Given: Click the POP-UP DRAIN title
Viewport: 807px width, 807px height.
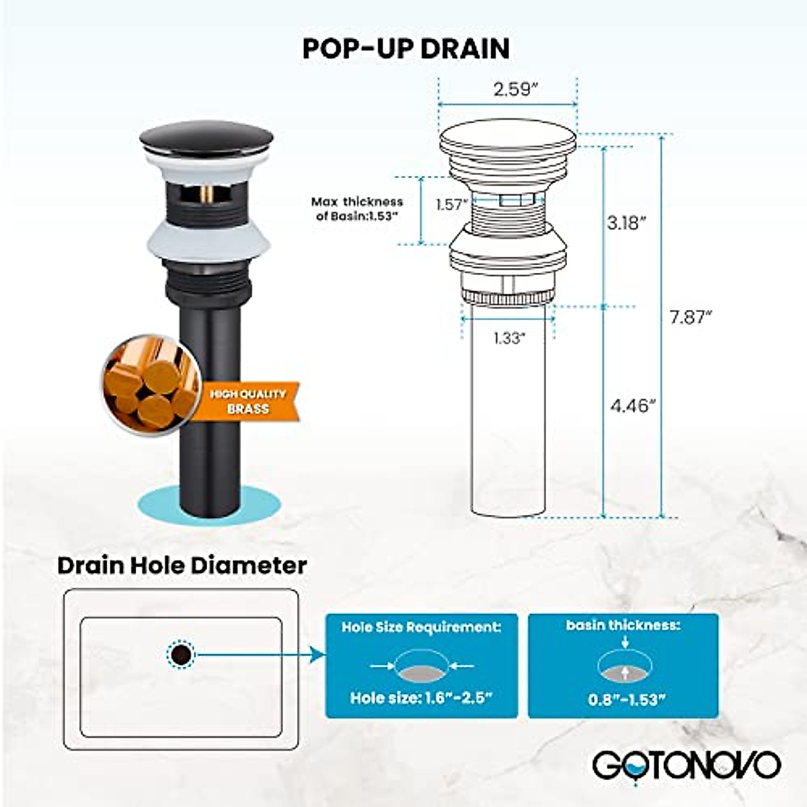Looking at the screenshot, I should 406,48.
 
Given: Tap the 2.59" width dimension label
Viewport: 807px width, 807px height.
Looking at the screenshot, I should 512,89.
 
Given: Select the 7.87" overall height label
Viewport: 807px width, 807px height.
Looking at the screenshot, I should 690,317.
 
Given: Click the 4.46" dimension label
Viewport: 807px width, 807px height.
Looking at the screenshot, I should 632,406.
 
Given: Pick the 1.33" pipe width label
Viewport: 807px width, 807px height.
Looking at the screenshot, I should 508,338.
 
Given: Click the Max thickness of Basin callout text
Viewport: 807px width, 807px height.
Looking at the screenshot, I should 357,208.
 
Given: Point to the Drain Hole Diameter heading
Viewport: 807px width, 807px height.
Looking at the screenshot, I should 182,565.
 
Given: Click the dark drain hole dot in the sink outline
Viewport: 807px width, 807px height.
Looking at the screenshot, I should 180,653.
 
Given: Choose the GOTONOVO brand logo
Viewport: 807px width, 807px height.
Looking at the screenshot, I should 686,765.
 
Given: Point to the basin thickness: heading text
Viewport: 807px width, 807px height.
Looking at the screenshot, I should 623,625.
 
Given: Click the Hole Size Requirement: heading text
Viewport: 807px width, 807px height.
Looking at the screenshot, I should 422,627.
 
